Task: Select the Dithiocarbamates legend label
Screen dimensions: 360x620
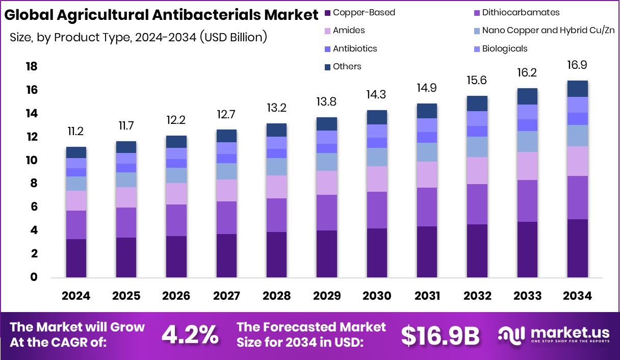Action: click(x=521, y=12)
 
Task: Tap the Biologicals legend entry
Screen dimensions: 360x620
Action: click(x=504, y=48)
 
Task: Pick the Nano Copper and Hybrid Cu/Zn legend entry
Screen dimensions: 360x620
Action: click(x=548, y=30)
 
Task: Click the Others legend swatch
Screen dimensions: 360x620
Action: click(x=327, y=67)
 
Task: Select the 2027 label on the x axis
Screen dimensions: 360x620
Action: click(x=226, y=296)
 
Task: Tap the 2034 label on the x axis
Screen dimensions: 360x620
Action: click(x=577, y=296)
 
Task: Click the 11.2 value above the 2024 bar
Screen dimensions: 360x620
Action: click(x=75, y=132)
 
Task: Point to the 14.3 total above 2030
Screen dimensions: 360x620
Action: click(x=376, y=95)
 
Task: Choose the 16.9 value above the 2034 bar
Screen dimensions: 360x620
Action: click(x=577, y=65)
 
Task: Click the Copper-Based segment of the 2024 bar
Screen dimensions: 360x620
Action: click(x=76, y=258)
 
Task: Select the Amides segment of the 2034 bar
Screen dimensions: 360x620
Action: click(x=577, y=161)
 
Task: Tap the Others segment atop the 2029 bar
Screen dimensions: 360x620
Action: click(x=326, y=124)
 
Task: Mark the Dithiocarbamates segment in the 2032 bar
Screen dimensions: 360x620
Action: click(x=477, y=204)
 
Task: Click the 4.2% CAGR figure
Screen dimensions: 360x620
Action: click(x=190, y=335)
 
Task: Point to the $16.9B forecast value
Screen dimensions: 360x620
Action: click(x=440, y=335)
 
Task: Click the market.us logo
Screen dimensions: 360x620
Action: click(x=553, y=335)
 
